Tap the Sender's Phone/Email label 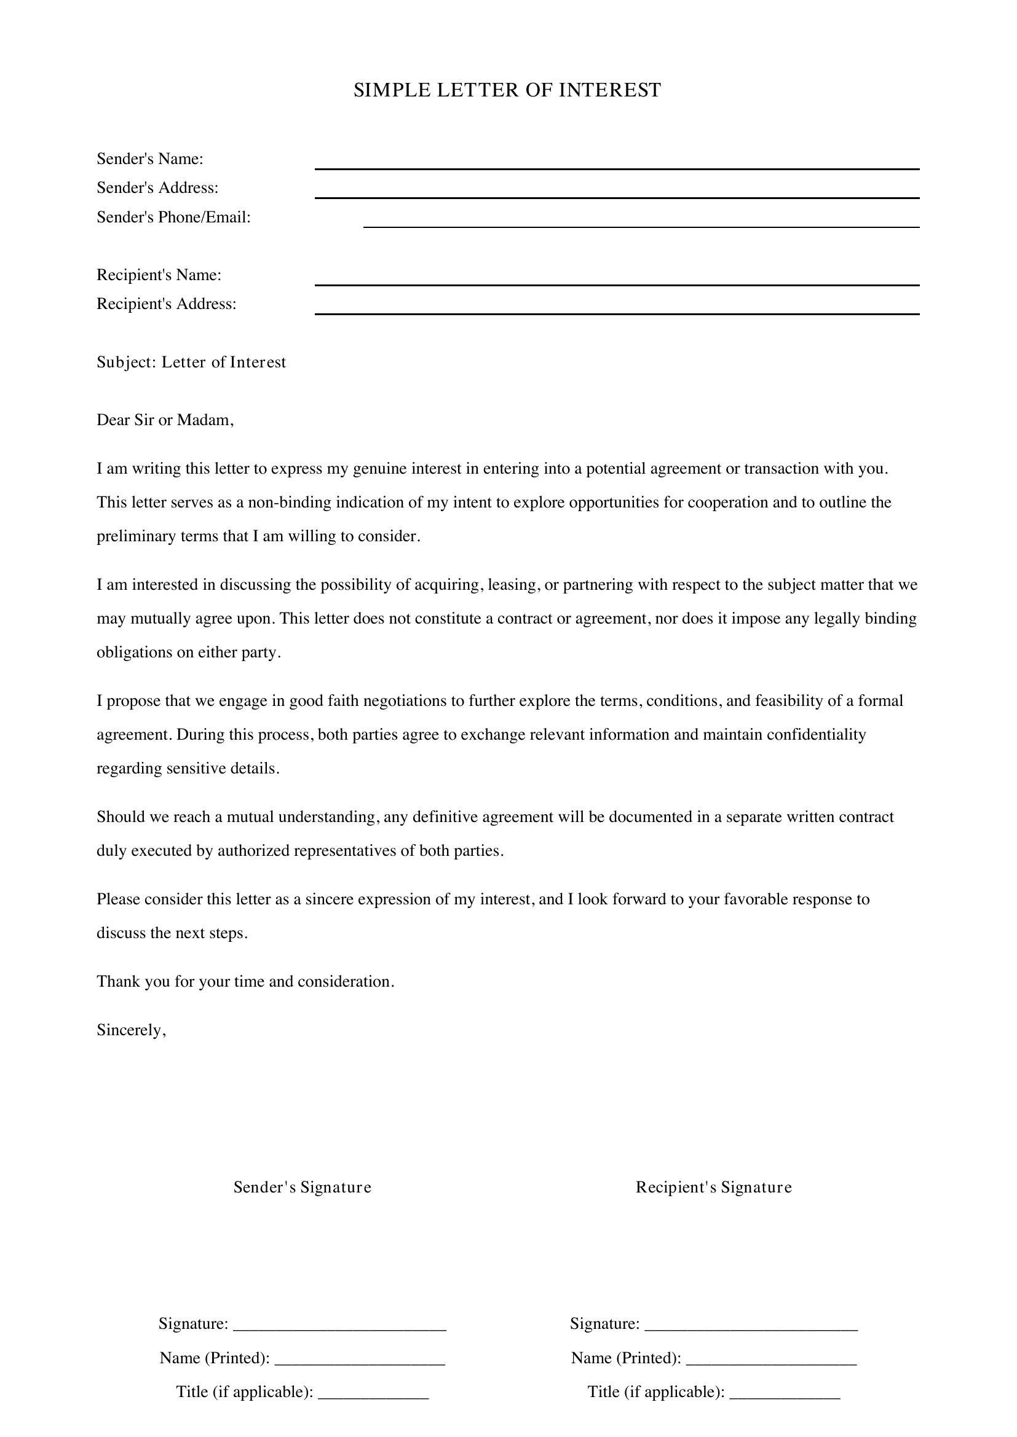click(x=173, y=217)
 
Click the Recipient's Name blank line click(x=616, y=280)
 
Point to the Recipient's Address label click(x=167, y=303)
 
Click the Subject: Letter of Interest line click(x=191, y=362)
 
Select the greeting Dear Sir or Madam click(x=165, y=420)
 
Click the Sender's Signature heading click(x=303, y=1188)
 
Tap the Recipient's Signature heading click(x=714, y=1188)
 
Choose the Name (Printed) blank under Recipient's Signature click(x=771, y=1359)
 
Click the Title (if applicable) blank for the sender click(x=373, y=1393)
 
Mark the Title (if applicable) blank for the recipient click(x=785, y=1393)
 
